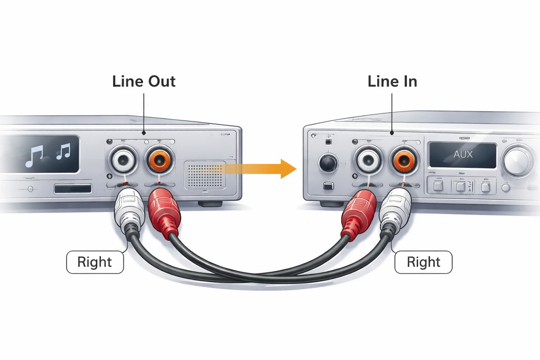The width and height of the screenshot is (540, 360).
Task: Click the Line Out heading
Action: click(x=144, y=81)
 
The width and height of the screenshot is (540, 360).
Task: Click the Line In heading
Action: click(x=392, y=81)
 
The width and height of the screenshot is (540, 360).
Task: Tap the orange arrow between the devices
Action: click(x=270, y=169)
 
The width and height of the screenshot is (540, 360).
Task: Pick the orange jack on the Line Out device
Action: click(x=159, y=159)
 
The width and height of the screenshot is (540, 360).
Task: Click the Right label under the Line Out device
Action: click(x=94, y=261)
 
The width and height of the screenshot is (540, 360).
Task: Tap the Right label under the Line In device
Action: click(x=423, y=261)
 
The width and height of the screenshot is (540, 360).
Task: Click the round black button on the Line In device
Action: click(x=328, y=162)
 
